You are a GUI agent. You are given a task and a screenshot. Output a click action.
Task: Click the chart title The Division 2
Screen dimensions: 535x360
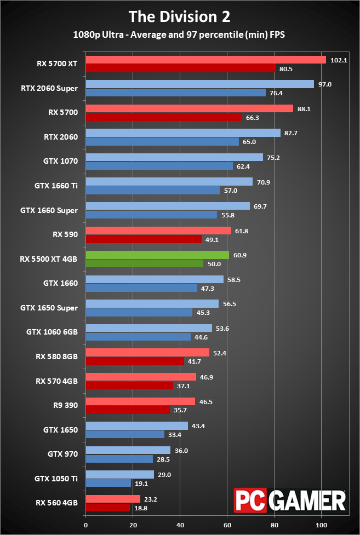pyautogui.click(x=180, y=16)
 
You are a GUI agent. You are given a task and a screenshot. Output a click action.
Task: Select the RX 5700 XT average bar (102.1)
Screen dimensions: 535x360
pyautogui.click(x=205, y=60)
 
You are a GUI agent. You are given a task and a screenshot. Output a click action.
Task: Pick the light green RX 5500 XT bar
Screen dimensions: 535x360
pyautogui.click(x=157, y=255)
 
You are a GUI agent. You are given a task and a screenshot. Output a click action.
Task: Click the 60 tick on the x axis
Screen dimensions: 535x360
pyautogui.click(x=227, y=525)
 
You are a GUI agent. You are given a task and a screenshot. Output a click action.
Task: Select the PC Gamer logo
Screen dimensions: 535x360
pyautogui.click(x=290, y=499)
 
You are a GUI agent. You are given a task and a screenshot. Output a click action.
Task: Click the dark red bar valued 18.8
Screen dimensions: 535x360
pyautogui.click(x=108, y=508)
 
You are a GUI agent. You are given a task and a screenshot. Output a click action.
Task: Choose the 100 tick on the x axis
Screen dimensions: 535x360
pyautogui.click(x=322, y=525)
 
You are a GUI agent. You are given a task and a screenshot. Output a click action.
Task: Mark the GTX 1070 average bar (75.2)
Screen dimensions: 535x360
pyautogui.click(x=174, y=157)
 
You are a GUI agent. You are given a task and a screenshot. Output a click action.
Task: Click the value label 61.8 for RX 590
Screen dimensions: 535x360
pyautogui.click(x=241, y=231)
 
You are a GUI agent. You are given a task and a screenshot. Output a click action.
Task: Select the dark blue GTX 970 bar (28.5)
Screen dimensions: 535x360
pyautogui.click(x=119, y=459)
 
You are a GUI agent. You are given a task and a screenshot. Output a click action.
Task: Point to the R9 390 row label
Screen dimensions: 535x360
pyautogui.click(x=65, y=406)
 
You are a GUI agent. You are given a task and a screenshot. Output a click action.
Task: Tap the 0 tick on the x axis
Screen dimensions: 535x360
pyautogui.click(x=85, y=525)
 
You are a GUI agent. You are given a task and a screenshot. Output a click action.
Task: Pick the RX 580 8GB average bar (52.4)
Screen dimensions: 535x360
pyautogui.click(x=147, y=352)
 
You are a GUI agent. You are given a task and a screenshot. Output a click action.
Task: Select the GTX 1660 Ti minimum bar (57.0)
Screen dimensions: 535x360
pyautogui.click(x=153, y=191)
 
